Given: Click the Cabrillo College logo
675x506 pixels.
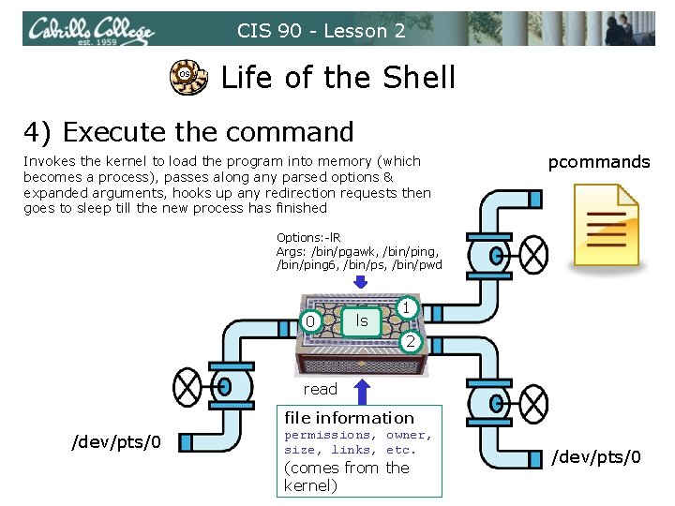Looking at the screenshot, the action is pyautogui.click(x=90, y=31).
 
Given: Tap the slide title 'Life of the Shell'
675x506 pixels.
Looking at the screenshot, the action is pyautogui.click(x=337, y=77).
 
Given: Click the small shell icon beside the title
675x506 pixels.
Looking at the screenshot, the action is pyautogui.click(x=185, y=75).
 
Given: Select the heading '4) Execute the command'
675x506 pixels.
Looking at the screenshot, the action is pyautogui.click(x=188, y=132).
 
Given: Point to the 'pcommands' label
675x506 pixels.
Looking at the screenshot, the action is pyautogui.click(x=599, y=162).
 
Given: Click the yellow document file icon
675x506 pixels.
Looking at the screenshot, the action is pyautogui.click(x=605, y=222).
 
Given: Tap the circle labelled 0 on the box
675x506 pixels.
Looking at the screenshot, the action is pyautogui.click(x=311, y=322).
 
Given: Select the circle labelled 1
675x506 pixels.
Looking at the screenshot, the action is pyautogui.click(x=405, y=306).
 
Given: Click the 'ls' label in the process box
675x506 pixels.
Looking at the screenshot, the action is pyautogui.click(x=361, y=320).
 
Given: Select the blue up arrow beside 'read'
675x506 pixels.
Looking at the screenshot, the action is pyautogui.click(x=359, y=393).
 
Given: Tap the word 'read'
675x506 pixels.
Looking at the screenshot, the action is pyautogui.click(x=320, y=389).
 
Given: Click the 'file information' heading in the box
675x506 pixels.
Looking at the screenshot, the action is pyautogui.click(x=349, y=418).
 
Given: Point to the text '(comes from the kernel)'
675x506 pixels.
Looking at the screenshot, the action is pyautogui.click(x=346, y=476).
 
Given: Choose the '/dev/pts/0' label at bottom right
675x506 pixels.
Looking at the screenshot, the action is pyautogui.click(x=596, y=457).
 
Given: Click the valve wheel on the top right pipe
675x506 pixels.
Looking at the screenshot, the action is pyautogui.click(x=534, y=252).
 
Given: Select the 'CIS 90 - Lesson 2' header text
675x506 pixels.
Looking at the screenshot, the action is pyautogui.click(x=322, y=31).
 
